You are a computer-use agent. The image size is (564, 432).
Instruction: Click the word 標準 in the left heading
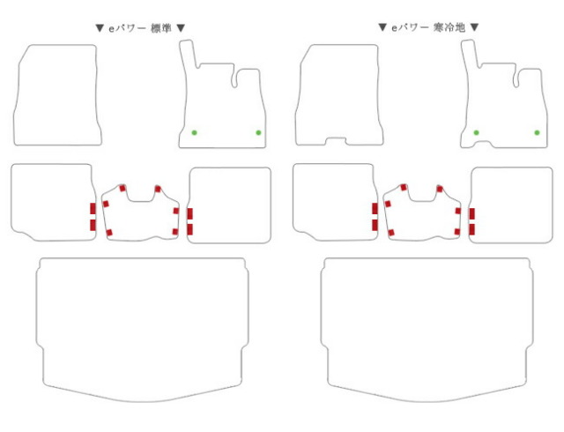tap(161, 28)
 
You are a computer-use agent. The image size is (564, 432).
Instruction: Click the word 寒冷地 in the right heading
tap(449, 27)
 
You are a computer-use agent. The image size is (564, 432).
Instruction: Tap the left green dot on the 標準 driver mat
tap(194, 132)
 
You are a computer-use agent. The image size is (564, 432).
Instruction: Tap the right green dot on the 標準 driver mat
tap(258, 132)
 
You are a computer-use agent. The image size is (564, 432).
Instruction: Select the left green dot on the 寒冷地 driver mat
tap(476, 132)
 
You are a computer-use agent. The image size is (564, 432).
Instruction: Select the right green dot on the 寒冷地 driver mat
tap(537, 132)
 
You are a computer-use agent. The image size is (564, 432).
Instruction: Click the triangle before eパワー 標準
tap(100, 28)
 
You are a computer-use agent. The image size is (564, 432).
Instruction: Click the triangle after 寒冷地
tap(475, 27)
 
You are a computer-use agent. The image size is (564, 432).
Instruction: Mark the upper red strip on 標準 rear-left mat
tap(93, 208)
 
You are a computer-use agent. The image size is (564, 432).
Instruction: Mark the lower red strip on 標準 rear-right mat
tap(189, 229)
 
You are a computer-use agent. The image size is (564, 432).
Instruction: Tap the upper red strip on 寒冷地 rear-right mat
tap(471, 213)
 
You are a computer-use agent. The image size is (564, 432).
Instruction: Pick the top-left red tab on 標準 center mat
tap(122, 189)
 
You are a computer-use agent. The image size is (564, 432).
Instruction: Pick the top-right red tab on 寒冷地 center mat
tap(440, 189)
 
